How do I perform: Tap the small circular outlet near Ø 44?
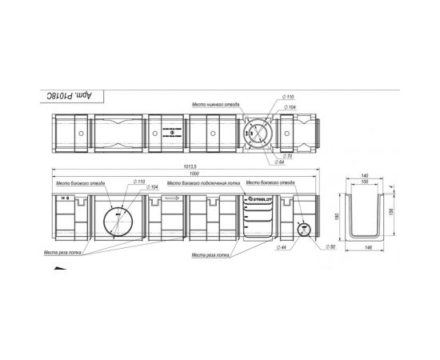(302, 229)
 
